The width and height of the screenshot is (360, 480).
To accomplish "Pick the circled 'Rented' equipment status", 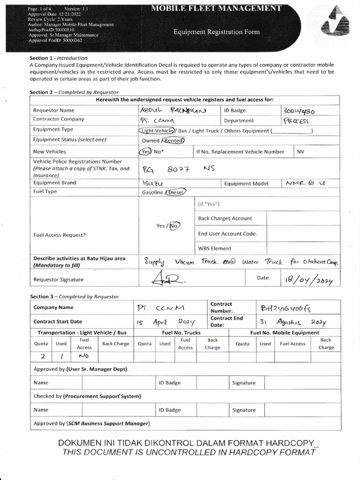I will [x=173, y=140].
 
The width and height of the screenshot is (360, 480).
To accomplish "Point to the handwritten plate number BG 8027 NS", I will [x=178, y=169].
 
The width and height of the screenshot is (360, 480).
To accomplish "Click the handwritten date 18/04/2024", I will [x=307, y=280].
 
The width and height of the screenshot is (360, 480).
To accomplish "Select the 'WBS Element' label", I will [x=214, y=248].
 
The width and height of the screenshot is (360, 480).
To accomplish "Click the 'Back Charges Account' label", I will [x=225, y=218].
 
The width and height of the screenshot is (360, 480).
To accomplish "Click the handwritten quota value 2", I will [x=42, y=356].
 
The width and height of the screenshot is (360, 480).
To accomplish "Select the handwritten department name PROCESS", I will [x=296, y=121].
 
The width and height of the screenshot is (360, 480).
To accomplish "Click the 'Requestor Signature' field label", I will [x=59, y=280].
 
